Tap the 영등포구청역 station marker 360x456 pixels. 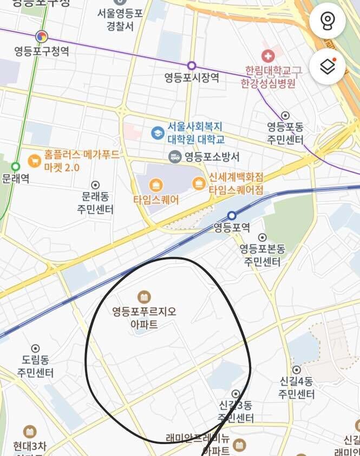tap(42, 37)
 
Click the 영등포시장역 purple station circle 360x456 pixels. tap(192, 65)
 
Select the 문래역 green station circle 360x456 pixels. tap(16, 167)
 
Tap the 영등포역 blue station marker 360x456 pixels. tap(232, 215)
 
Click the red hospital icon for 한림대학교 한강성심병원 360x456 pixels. tap(267, 55)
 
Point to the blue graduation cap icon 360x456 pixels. tap(158, 133)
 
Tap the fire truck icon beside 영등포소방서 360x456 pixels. tap(175, 157)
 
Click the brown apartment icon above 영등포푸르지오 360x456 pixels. tap(144, 296)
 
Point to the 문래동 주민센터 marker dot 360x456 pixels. tap(95, 185)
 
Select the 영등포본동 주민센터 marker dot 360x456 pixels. tap(263, 237)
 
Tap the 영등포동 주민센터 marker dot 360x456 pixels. tap(285, 115)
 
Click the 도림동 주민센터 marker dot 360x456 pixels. tap(36, 348)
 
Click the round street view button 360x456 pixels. tap(328, 21)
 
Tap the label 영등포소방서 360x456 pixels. tap(212, 157)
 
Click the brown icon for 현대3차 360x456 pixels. tap(30, 431)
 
